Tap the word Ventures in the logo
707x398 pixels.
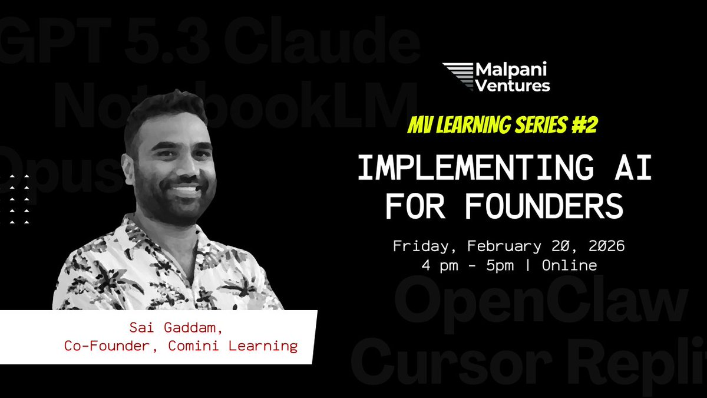point(512,85)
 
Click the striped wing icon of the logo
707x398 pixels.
point(458,77)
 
